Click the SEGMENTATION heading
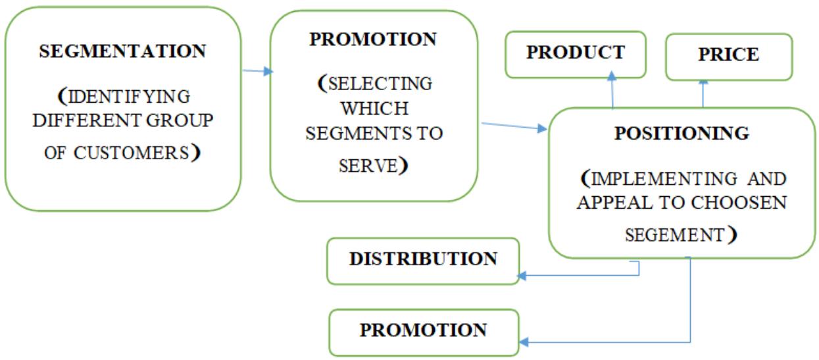(x=122, y=51)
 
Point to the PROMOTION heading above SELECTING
(x=373, y=39)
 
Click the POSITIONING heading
(x=682, y=134)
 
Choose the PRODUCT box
(x=575, y=53)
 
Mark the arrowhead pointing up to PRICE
(x=703, y=82)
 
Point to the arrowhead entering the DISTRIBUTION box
(x=523, y=276)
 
